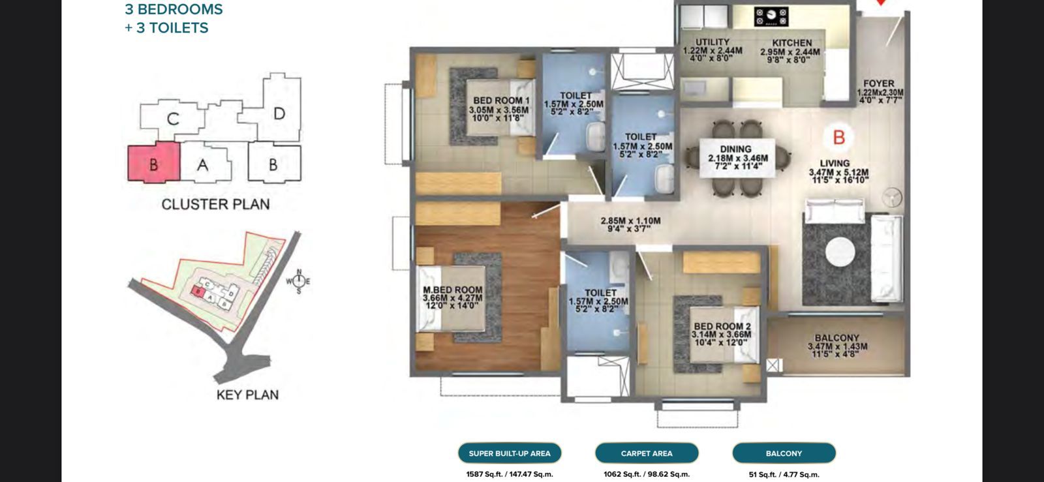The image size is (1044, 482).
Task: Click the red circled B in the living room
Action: (838, 138)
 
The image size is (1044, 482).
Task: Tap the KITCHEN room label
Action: (791, 43)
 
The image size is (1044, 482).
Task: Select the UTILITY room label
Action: (712, 42)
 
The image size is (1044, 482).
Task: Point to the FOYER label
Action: (878, 83)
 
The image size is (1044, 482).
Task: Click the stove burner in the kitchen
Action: (771, 16)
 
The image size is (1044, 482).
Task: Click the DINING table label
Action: (736, 149)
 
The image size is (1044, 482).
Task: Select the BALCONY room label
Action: (837, 339)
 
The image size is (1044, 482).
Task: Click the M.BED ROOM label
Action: (452, 290)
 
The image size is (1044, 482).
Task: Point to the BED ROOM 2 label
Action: (722, 326)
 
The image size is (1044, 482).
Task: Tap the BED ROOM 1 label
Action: (501, 100)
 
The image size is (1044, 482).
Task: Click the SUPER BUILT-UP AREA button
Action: (510, 453)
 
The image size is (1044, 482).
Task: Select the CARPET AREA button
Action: (647, 453)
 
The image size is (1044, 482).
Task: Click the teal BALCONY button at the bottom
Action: (784, 453)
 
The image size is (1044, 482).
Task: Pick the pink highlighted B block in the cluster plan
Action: (153, 163)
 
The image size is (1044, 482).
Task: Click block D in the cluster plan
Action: (279, 113)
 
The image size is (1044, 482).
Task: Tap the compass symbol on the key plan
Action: (298, 281)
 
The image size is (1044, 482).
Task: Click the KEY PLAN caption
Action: (247, 395)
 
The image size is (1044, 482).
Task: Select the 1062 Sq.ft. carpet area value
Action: (646, 474)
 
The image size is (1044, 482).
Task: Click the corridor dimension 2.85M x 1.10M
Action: (630, 221)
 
